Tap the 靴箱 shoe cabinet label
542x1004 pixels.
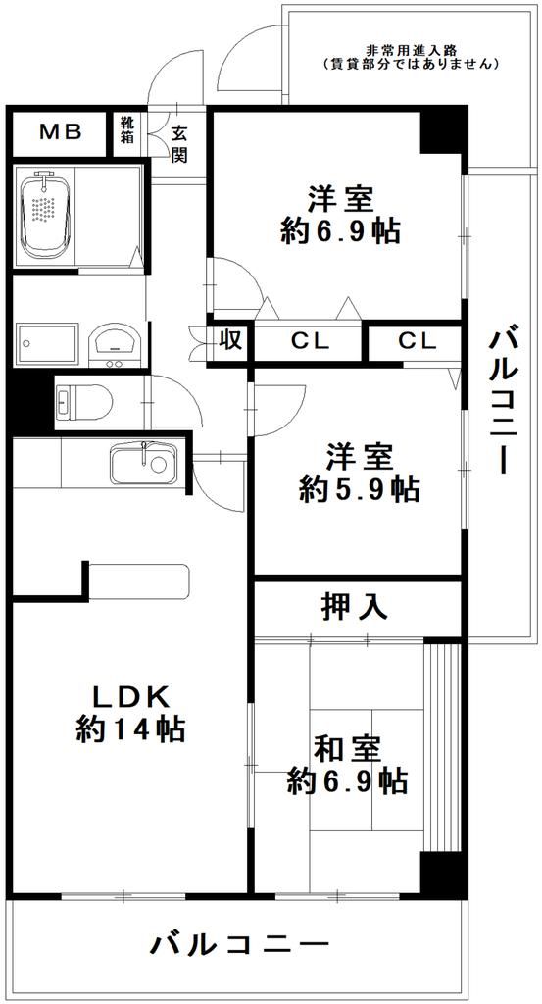point(127,130)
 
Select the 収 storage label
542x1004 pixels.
point(230,341)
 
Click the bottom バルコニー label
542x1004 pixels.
point(238,946)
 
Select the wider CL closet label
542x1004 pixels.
point(309,342)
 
